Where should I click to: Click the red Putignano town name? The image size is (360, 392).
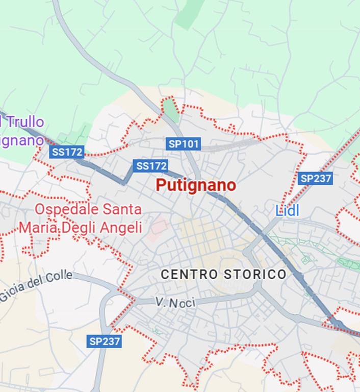click(196, 185)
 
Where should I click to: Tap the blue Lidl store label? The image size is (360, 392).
click(287, 210)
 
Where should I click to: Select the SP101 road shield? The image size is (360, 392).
click(184, 144)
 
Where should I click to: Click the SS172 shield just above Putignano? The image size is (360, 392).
click(150, 166)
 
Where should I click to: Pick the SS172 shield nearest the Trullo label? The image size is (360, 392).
click(67, 152)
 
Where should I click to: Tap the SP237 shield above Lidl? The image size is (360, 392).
click(315, 178)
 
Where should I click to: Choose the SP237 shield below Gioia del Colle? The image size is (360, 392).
click(104, 341)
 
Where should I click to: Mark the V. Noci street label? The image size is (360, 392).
click(175, 303)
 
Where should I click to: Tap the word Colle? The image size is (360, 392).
click(59, 279)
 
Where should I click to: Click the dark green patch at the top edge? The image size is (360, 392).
click(190, 13)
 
